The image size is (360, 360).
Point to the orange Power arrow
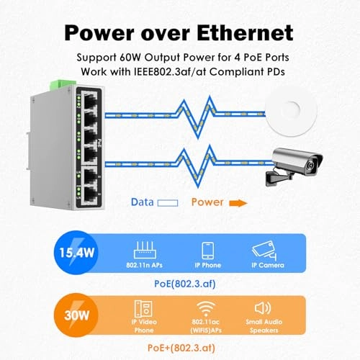pos(238,203)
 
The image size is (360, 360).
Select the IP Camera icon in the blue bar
pos(264,249)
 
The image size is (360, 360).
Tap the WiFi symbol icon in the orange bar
pos(206,307)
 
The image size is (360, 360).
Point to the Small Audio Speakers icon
pos(264,307)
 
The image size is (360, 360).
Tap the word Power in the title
pos(107,32)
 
